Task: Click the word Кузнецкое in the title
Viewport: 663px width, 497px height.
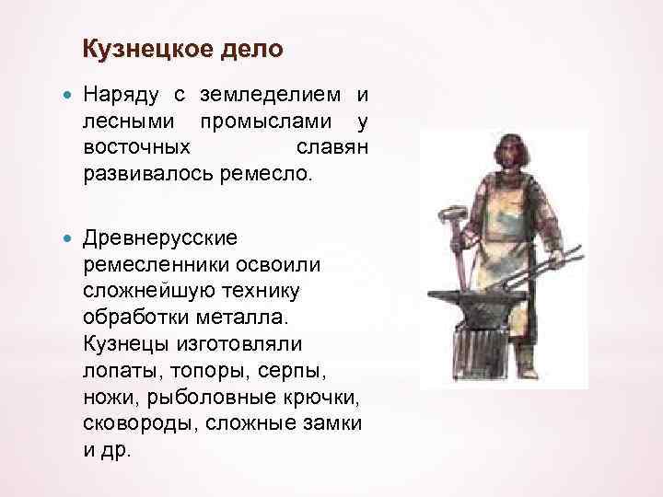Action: (142, 48)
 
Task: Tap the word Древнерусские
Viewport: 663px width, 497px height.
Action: (160, 238)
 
